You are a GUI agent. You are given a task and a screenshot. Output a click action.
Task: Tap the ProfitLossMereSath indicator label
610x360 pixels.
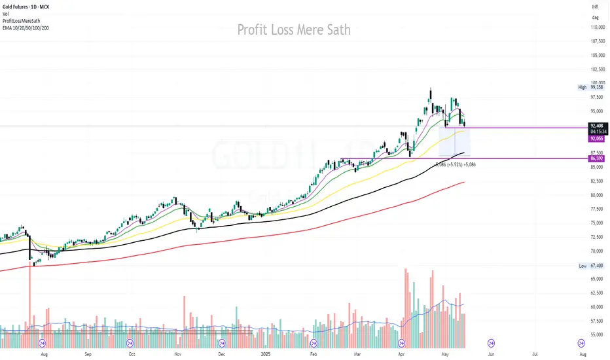point(24,20)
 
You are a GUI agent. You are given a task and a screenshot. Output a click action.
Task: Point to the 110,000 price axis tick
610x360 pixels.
point(596,27)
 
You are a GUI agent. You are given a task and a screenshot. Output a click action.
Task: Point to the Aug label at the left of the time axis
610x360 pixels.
point(44,353)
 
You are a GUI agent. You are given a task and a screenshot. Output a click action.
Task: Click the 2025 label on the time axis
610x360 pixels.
point(266,353)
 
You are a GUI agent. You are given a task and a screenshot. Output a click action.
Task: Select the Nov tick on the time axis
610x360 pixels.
point(177,353)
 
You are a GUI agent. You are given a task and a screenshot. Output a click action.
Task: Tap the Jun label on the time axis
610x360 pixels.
point(490,353)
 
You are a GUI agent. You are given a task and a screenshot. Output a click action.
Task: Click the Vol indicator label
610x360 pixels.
point(6,14)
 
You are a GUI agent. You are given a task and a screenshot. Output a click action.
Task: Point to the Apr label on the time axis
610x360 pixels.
point(401,353)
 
